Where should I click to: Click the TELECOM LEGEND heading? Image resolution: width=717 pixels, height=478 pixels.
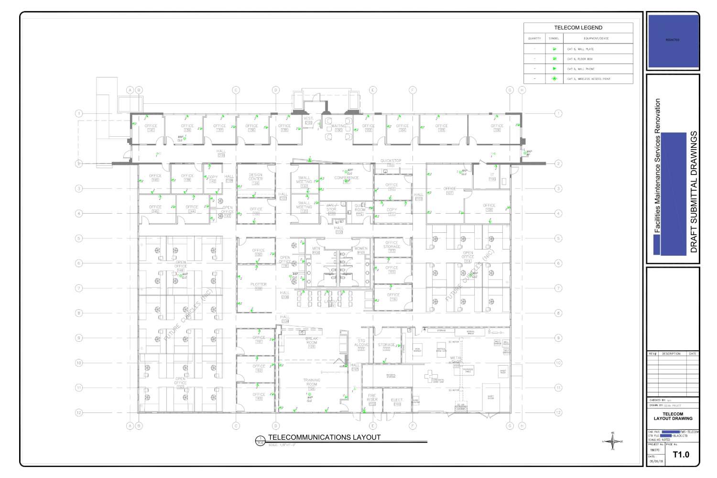pos(578,28)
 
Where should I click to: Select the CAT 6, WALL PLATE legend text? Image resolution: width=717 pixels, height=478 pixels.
pos(580,49)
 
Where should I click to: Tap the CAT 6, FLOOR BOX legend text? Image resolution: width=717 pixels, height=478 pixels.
pos(580,59)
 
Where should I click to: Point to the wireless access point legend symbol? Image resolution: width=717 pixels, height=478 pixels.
pos(554,79)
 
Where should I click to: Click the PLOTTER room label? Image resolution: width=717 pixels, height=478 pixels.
pos(258,285)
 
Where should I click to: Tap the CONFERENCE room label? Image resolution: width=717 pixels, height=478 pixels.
pos(346,178)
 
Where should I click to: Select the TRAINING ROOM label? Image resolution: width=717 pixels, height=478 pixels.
pos(312,382)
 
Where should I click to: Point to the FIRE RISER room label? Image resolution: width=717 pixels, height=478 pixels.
pos(372,398)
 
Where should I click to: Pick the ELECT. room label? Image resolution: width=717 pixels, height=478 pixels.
pos(397,400)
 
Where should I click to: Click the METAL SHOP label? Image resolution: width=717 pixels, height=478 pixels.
pos(456,359)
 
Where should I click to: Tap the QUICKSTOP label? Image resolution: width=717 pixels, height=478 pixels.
pos(391,161)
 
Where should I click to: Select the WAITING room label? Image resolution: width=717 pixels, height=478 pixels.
pos(338,126)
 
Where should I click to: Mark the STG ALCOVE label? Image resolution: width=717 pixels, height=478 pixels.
pos(361,343)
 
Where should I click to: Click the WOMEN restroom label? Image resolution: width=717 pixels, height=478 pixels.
pos(361,249)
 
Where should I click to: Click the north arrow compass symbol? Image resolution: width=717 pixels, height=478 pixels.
pos(613,441)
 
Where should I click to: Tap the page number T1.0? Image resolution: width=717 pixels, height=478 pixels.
pos(681,455)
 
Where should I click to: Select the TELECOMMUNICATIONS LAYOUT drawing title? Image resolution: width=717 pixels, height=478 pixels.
pos(324,437)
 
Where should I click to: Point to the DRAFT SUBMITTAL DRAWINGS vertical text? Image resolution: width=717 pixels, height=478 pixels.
pos(694,192)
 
